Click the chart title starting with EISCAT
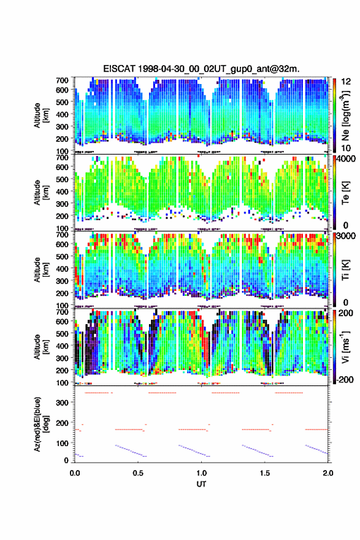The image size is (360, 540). click(201, 69)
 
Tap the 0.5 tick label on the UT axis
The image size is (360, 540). click(138, 473)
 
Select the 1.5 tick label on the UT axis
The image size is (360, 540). click(265, 473)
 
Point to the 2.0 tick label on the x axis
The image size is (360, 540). click(328, 473)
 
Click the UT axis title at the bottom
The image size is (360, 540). click(201, 484)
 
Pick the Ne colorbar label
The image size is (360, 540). click(345, 115)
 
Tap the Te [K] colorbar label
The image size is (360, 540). click(345, 193)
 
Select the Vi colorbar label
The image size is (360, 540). click(345, 346)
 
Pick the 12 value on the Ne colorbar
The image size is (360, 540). click(346, 82)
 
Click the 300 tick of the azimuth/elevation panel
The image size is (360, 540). click(63, 403)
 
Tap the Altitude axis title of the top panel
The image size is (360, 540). click(41, 115)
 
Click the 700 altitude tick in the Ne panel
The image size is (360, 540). click(63, 80)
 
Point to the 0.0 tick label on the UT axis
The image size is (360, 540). click(75, 473)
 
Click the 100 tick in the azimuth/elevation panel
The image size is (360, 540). click(63, 443)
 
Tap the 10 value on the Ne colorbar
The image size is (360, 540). click(346, 148)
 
